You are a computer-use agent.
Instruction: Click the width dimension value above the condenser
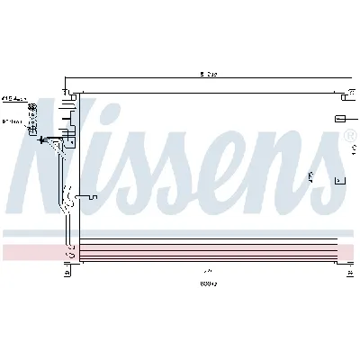click(208, 74)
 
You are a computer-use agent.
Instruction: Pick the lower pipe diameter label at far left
click(12, 121)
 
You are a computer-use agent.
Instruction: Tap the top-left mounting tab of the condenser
click(66, 92)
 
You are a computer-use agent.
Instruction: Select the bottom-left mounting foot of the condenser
click(66, 267)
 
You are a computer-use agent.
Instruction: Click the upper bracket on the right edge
click(339, 118)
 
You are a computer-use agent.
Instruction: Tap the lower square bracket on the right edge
click(339, 181)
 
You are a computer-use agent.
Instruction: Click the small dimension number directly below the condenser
click(208, 270)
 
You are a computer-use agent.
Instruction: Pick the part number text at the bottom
click(208, 283)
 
